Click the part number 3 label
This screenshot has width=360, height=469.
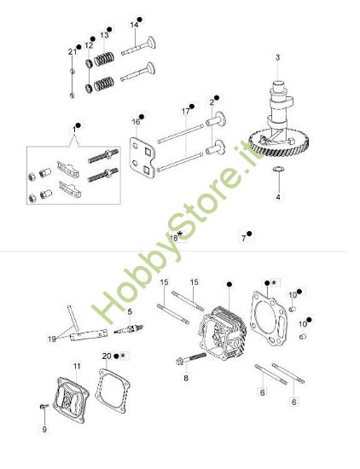tap(278, 57)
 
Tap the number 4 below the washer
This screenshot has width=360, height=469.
tap(278, 197)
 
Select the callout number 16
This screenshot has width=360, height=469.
tap(136, 122)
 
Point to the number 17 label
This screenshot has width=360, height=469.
tap(185, 111)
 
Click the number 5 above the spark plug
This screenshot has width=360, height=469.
tap(130, 311)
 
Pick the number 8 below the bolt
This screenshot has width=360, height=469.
tap(186, 378)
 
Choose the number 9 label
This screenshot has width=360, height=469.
tap(44, 429)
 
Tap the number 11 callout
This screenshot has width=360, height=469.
tap(77, 366)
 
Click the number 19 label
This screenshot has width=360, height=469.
tap(52, 339)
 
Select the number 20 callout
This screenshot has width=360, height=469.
tap(107, 356)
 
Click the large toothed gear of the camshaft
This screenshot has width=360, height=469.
tap(280, 143)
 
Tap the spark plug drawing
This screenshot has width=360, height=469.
tap(129, 329)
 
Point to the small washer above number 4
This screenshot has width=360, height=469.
tap(278, 170)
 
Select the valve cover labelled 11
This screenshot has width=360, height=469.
tap(71, 400)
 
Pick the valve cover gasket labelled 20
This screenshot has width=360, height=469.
tap(113, 391)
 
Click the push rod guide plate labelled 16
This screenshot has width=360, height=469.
tap(142, 158)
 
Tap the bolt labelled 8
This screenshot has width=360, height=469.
tap(191, 358)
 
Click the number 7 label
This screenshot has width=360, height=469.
tap(244, 239)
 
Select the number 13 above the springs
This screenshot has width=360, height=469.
tap(104, 35)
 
